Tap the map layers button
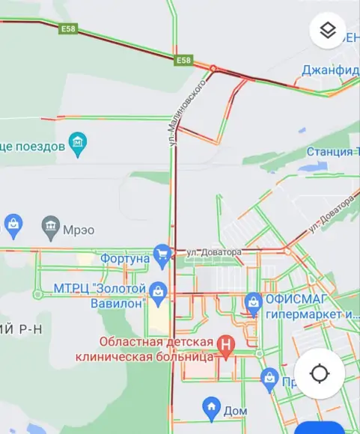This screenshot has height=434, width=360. [328, 31]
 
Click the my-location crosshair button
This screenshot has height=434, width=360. [320, 373]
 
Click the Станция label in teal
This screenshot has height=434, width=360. [333, 153]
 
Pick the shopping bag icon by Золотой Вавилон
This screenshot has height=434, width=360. [158, 292]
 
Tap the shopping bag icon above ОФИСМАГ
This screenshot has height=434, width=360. [254, 302]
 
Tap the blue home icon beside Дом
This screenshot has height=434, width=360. [212, 408]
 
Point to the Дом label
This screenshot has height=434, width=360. [235, 411]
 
